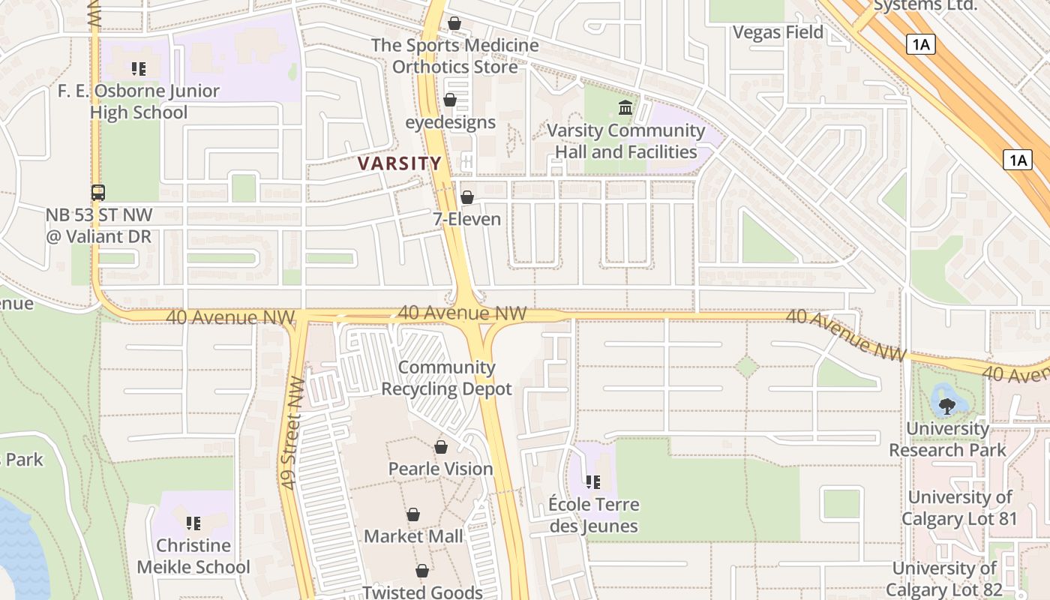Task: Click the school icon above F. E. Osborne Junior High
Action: coord(138,69)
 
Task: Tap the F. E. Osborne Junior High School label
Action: coord(139,102)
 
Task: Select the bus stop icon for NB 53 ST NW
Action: coord(98,193)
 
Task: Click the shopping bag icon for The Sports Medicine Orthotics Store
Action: coord(454,23)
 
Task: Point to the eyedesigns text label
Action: coord(450,122)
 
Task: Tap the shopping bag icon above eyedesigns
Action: coord(450,99)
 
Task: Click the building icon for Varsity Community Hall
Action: coord(625,108)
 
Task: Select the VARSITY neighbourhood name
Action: coord(400,163)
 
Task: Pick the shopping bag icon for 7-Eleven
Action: coord(466,197)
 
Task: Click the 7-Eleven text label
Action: coord(466,219)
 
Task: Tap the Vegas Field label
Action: coord(778,32)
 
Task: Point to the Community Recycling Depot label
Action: coord(447,378)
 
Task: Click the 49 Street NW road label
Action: coord(292,433)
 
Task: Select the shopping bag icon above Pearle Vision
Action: coord(441,447)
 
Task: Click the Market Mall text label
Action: coord(414,536)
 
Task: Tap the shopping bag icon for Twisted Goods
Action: coord(422,571)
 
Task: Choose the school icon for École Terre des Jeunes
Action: coord(593,482)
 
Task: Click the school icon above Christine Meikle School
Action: coord(193,523)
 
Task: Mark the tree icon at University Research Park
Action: coord(946,406)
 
